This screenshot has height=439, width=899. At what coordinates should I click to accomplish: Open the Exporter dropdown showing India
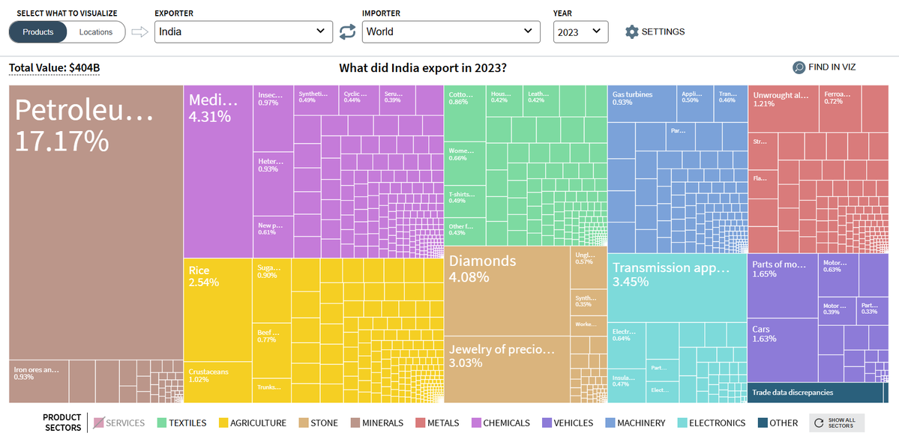click(x=243, y=31)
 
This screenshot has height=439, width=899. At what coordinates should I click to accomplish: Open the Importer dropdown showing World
click(x=451, y=31)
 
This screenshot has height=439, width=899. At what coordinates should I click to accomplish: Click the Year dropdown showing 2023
click(x=580, y=31)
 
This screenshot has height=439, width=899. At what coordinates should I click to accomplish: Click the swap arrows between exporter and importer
click(x=347, y=31)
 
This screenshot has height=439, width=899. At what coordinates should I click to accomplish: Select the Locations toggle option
click(x=96, y=32)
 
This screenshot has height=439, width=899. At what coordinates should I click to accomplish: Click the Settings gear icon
click(x=632, y=32)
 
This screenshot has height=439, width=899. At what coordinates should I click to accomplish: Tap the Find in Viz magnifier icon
click(x=799, y=67)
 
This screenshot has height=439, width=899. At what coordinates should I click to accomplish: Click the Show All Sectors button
click(x=837, y=423)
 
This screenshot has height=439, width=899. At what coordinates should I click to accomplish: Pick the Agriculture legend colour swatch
click(x=223, y=423)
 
